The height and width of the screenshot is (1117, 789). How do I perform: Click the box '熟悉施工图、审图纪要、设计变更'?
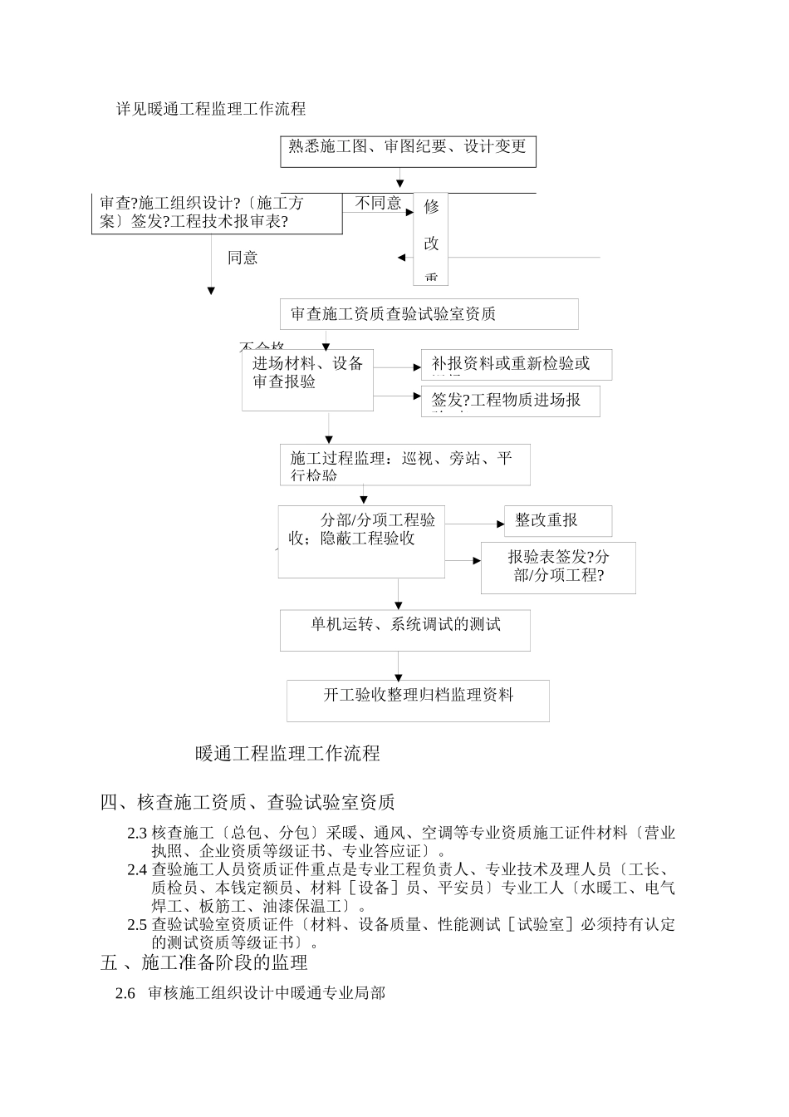click(408, 150)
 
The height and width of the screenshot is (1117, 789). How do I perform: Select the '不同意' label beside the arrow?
click(378, 203)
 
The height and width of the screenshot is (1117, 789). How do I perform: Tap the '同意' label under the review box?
click(243, 258)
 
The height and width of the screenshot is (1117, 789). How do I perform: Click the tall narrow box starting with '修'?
click(431, 239)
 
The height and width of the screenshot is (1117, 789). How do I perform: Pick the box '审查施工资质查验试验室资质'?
click(429, 314)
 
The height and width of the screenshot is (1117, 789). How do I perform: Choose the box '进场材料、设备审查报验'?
click(307, 380)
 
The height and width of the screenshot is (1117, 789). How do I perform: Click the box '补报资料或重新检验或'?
click(517, 364)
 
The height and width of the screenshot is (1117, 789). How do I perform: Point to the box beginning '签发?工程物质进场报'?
click(510, 401)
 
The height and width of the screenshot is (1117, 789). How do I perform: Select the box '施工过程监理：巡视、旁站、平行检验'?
click(405, 465)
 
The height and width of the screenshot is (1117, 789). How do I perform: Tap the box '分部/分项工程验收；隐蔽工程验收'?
click(361, 541)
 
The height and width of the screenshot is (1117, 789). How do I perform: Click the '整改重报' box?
click(557, 520)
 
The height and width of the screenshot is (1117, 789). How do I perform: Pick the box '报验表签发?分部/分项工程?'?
click(558, 568)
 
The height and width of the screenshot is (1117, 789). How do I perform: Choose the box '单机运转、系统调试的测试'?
click(405, 631)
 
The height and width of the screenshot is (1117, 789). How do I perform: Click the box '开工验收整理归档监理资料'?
click(418, 701)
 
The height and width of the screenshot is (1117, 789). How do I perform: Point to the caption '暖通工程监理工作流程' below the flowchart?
click(287, 753)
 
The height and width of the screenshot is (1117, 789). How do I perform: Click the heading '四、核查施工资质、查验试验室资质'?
click(247, 802)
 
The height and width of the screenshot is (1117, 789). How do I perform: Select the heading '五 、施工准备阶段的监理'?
click(204, 962)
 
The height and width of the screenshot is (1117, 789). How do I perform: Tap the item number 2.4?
click(137, 870)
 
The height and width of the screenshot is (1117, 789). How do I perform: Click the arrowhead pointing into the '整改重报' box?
click(500, 524)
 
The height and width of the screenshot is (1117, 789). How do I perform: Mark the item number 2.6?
click(125, 993)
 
